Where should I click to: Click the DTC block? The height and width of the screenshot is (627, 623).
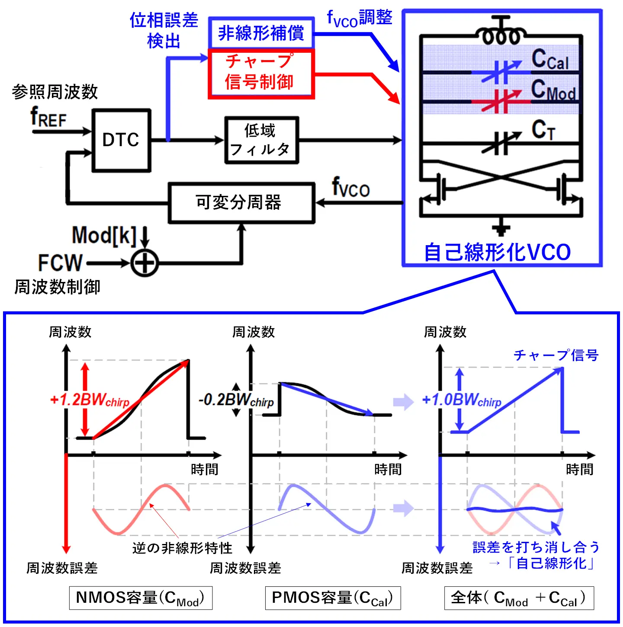[x=121, y=141]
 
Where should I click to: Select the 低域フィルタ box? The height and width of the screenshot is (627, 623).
[x=261, y=140]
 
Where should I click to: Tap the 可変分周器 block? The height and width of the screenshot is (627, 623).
[x=241, y=203]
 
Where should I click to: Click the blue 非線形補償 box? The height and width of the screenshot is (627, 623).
[x=261, y=33]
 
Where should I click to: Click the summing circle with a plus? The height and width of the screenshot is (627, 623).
[x=145, y=263]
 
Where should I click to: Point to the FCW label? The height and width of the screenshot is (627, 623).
[x=60, y=262]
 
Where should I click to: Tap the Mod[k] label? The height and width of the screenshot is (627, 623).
[x=104, y=236]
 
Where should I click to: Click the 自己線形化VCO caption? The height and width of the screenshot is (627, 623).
[x=498, y=253]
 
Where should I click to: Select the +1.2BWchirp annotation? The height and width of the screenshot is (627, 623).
[x=90, y=400]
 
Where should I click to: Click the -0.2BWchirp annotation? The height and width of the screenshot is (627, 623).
[x=236, y=400]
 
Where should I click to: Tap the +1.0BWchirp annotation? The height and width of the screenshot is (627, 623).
[x=462, y=400]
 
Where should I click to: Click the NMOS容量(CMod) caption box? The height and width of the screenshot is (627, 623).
[x=141, y=598]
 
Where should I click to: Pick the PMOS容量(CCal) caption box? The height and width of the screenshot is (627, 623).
[x=333, y=598]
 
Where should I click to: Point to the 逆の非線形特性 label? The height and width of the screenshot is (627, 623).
[x=182, y=548]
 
